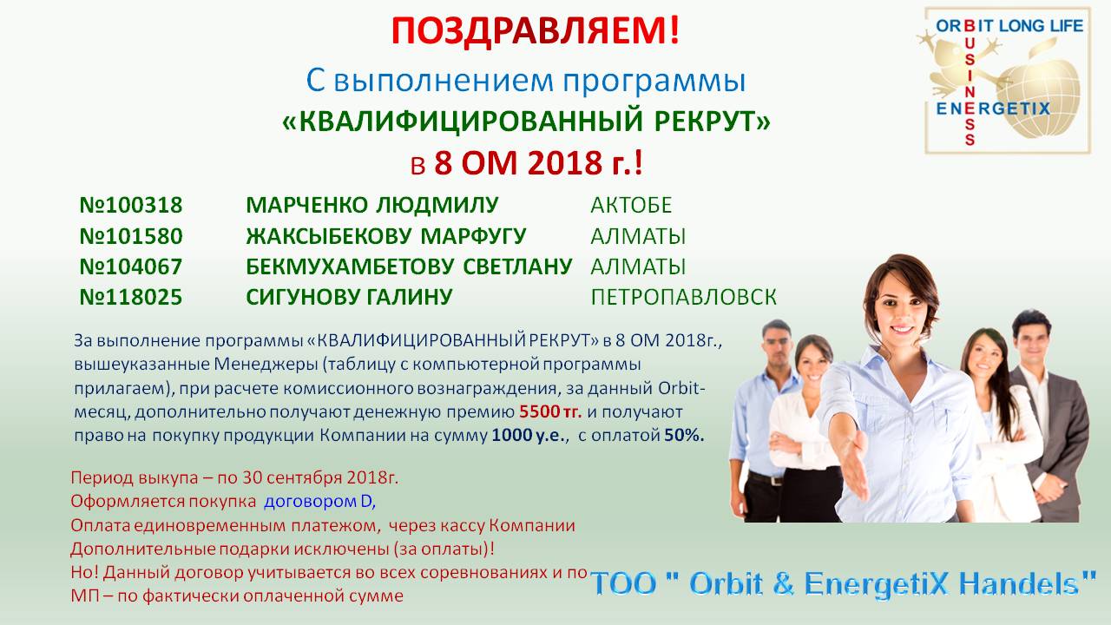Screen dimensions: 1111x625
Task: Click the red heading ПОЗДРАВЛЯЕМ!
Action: pyautogui.click(x=536, y=30)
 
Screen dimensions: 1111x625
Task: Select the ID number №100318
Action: pyautogui.click(x=131, y=205)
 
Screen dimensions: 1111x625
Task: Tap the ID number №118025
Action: pyautogui.click(x=131, y=297)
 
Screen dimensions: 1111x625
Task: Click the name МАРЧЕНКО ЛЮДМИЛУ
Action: pyautogui.click(x=372, y=205)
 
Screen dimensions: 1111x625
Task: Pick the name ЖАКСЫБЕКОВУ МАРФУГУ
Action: pyautogui.click(x=386, y=236)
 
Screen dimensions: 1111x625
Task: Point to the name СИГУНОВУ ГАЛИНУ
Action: pyautogui.click(x=349, y=297)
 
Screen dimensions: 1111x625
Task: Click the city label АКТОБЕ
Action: pyautogui.click(x=631, y=205)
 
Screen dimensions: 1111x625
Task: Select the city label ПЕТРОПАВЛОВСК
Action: pyautogui.click(x=683, y=297)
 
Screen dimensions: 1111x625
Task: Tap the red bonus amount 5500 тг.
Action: pyautogui.click(x=550, y=411)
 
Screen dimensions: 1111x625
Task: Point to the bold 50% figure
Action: pyautogui.click(x=685, y=436)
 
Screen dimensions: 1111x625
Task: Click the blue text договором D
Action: pyautogui.click(x=320, y=502)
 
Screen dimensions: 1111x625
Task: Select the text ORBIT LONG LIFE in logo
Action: pyautogui.click(x=1009, y=26)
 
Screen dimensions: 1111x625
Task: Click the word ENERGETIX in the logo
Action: pyautogui.click(x=993, y=109)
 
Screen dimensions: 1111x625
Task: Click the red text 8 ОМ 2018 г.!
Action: pyautogui.click(x=538, y=163)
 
